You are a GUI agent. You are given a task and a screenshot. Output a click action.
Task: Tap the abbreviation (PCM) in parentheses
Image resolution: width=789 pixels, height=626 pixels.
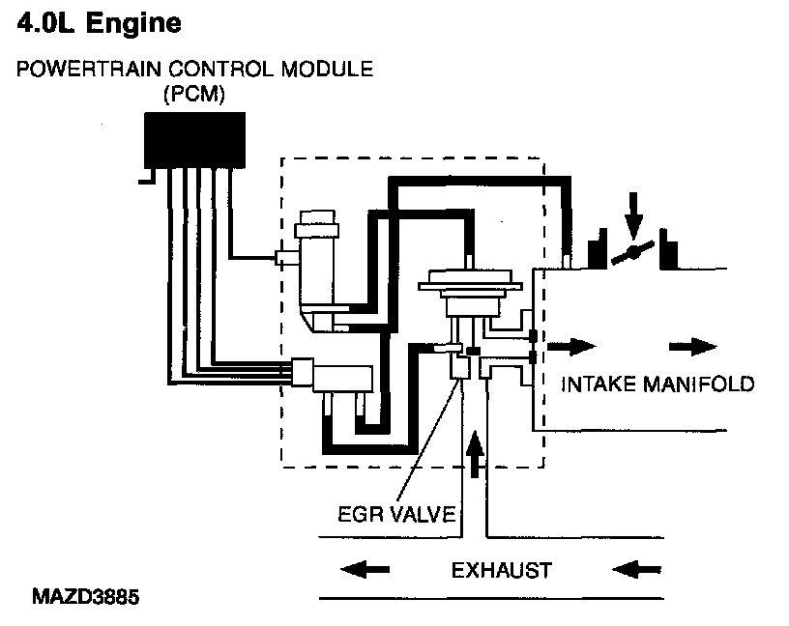click(x=194, y=96)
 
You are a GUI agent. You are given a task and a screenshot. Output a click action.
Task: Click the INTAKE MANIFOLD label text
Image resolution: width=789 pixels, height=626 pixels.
click(x=657, y=384)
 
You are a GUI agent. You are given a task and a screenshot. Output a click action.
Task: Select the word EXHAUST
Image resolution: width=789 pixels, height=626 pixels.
click(x=501, y=570)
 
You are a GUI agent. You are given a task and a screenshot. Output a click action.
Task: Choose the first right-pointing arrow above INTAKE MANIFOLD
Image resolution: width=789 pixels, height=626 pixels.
click(x=573, y=345)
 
